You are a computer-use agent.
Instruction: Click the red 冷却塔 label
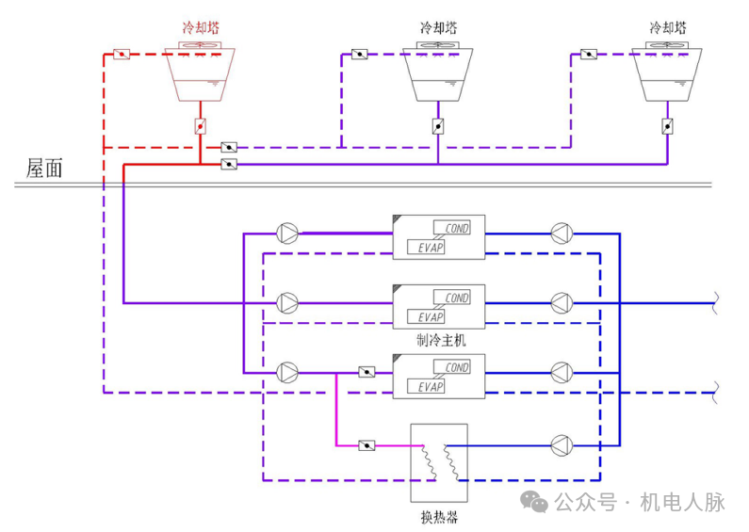200,28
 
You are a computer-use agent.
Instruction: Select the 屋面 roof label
44,169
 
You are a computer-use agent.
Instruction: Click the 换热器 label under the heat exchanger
439,517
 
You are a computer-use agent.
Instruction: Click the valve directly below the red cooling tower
200,126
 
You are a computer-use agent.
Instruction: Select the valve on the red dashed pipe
122,54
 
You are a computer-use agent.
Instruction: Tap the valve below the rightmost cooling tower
667,126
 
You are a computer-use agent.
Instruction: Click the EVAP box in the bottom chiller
430,387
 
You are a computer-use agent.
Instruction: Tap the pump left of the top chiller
287,232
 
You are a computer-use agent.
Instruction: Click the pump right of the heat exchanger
561,443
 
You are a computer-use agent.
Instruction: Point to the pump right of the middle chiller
561,302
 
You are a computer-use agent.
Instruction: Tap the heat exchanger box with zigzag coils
439,462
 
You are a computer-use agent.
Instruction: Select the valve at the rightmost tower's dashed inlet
589,54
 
